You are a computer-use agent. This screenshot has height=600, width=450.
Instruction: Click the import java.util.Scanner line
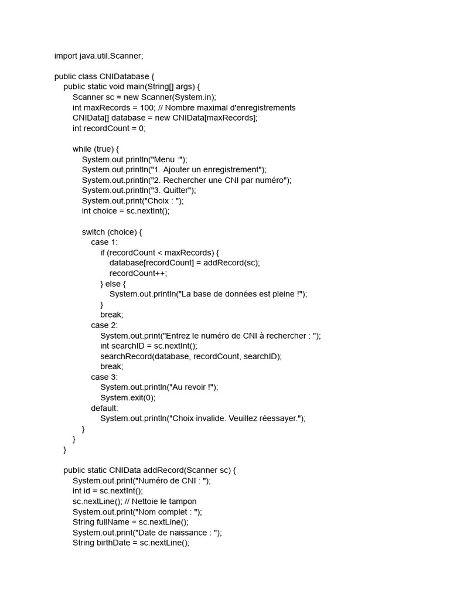point(98,56)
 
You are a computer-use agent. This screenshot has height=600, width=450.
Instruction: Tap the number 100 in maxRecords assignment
point(149,108)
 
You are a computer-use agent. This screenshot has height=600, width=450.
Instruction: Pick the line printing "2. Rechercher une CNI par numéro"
point(186,180)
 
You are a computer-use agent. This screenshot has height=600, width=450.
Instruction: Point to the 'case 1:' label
point(104,242)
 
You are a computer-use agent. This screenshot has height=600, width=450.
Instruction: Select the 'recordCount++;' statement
point(138,273)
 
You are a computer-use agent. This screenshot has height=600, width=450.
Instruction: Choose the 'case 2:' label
point(104,325)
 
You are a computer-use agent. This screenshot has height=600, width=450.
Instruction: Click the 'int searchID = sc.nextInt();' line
point(149,346)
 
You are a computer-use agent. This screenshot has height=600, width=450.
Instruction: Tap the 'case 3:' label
point(104,377)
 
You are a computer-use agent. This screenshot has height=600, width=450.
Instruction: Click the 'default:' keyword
point(104,408)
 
